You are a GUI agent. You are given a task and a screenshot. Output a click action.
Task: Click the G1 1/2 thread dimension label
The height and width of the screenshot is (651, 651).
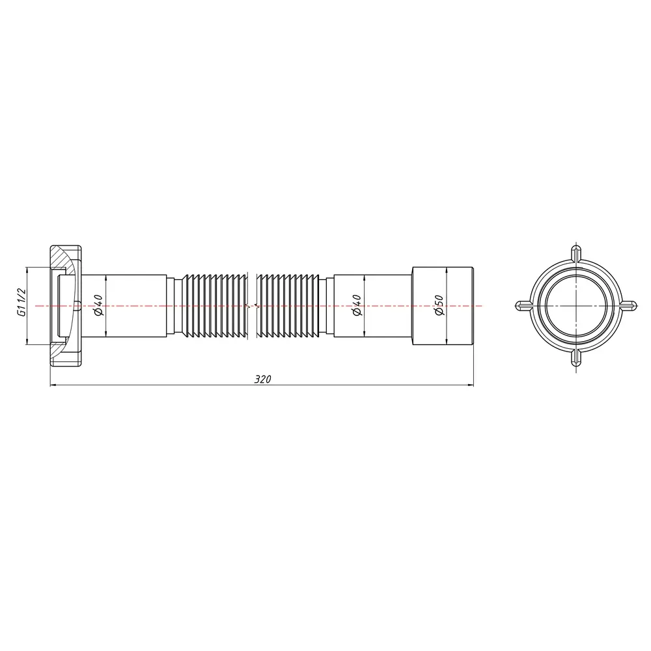click(x=21, y=302)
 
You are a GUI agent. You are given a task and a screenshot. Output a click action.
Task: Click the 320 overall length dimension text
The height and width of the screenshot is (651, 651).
click(x=262, y=379)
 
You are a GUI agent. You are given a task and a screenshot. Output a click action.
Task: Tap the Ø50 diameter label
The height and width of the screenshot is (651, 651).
click(x=439, y=305)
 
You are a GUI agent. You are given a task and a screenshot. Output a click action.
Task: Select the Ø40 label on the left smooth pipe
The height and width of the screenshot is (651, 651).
click(x=98, y=305)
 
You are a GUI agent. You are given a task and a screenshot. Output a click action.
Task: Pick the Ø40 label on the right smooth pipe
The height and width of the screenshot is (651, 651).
click(x=357, y=305)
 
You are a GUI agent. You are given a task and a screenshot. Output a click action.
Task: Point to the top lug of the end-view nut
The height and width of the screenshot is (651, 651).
click(x=576, y=253)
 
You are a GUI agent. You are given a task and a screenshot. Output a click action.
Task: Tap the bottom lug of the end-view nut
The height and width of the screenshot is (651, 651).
click(x=576, y=358)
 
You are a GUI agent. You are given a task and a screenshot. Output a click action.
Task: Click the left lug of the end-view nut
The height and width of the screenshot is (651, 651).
click(x=524, y=306)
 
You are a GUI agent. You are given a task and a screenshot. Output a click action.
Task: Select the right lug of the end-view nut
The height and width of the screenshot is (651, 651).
click(x=628, y=306)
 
